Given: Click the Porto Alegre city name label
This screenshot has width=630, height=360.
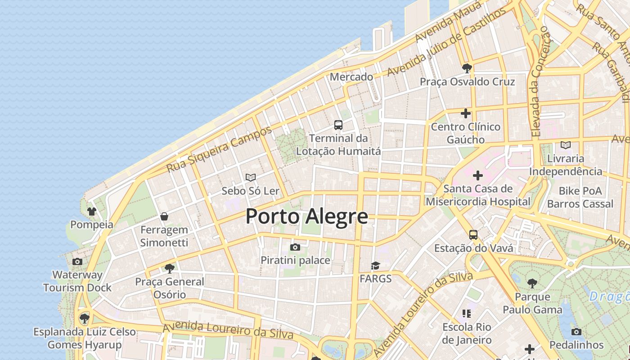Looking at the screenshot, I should click(x=306, y=216).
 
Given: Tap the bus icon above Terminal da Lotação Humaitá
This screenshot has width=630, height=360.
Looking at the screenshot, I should click(x=338, y=125).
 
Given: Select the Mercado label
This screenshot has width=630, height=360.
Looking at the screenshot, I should click(x=351, y=77).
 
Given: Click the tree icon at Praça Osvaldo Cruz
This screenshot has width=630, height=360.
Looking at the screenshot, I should click(x=467, y=68).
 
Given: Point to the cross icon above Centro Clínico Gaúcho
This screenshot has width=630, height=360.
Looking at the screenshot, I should click(x=466, y=113).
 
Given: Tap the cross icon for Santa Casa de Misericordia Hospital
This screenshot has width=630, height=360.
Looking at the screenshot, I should click(x=478, y=175).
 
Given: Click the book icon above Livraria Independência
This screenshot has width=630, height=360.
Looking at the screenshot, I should click(x=566, y=145).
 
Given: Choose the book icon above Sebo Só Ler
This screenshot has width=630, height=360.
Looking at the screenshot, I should click(x=251, y=178).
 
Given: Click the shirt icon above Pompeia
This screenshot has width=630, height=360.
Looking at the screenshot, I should click(x=92, y=211).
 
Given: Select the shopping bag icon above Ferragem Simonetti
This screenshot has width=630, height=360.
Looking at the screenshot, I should click(x=164, y=216).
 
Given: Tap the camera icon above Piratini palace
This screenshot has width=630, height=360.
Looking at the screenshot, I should click(x=295, y=247).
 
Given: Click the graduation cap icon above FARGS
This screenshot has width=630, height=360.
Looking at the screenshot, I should click(x=375, y=265).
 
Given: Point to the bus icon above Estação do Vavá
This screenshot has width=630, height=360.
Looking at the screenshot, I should click(x=473, y=234).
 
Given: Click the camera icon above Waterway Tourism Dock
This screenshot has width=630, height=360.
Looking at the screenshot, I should click(x=77, y=261).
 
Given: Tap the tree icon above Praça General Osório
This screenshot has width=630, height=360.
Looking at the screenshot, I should click(x=170, y=269).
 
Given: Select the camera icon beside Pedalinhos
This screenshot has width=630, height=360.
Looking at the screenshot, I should click(x=576, y=332).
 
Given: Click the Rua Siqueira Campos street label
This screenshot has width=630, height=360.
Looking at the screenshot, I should click(x=219, y=149).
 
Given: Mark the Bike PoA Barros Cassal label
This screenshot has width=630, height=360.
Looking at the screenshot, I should click(x=580, y=197).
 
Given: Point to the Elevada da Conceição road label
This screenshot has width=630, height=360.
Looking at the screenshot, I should click(x=540, y=81).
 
